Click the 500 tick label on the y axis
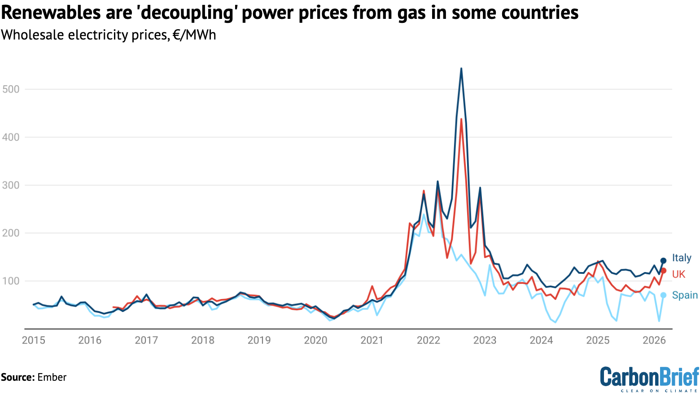pos(11,89)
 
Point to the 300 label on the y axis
pos(11,185)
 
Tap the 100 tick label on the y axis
pos(11,281)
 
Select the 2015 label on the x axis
pos(34,340)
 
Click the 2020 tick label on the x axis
pos(315,340)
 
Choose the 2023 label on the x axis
pos(485,340)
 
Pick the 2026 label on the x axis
pos(654,340)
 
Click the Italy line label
pos(681,258)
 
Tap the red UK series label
pos(678,274)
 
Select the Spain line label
pos(684,295)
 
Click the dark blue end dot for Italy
pos(663,261)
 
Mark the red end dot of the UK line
pos(663,271)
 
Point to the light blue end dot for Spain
pos(663,295)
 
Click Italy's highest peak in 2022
pos(461,69)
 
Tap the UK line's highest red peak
pos(461,119)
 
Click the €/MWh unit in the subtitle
pos(194,35)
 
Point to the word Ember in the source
pos(52,377)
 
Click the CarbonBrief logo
pos(649,378)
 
